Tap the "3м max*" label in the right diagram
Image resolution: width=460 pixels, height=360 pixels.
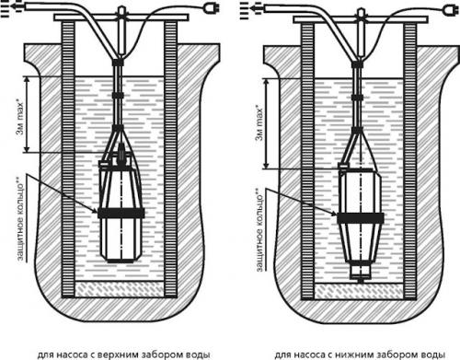click(259, 122)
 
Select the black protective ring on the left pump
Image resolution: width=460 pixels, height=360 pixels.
click(121, 213)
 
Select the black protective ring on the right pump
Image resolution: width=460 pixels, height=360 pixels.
click(361, 218)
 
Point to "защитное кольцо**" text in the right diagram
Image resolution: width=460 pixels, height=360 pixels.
click(259, 229)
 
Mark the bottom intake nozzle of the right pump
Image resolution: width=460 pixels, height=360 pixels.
click(361, 273)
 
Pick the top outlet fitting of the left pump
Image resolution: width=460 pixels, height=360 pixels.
click(121, 153)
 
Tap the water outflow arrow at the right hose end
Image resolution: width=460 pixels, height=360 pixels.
click(250, 9)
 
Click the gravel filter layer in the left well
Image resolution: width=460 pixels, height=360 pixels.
click(120, 289)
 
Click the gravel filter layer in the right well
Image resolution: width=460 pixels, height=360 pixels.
click(359, 291)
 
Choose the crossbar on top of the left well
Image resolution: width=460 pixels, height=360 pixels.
click(121, 17)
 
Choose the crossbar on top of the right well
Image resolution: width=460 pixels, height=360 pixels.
click(361, 19)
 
